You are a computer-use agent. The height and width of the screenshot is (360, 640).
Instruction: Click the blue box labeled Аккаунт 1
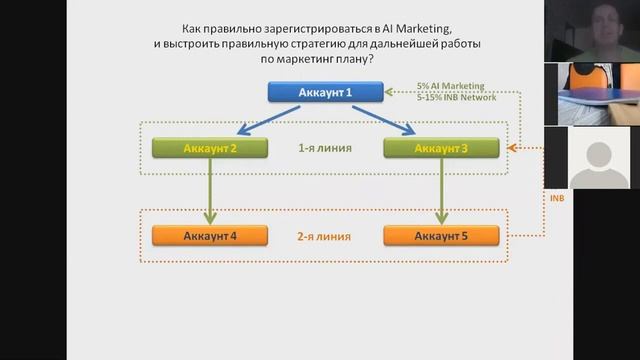[325, 93]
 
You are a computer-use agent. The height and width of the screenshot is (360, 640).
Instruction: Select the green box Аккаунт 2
[210, 149]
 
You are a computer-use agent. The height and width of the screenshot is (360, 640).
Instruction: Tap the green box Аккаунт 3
[441, 149]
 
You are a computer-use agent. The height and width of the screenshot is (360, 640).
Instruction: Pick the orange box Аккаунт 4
[210, 236]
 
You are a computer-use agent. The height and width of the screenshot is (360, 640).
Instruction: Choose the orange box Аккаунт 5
[441, 236]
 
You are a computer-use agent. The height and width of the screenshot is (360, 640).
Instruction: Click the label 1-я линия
[324, 148]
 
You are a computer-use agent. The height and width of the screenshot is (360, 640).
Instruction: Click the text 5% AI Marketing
[452, 87]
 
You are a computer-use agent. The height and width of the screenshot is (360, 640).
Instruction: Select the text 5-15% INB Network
[456, 99]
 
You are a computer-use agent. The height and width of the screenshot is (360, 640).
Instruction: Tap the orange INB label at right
[557, 198]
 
